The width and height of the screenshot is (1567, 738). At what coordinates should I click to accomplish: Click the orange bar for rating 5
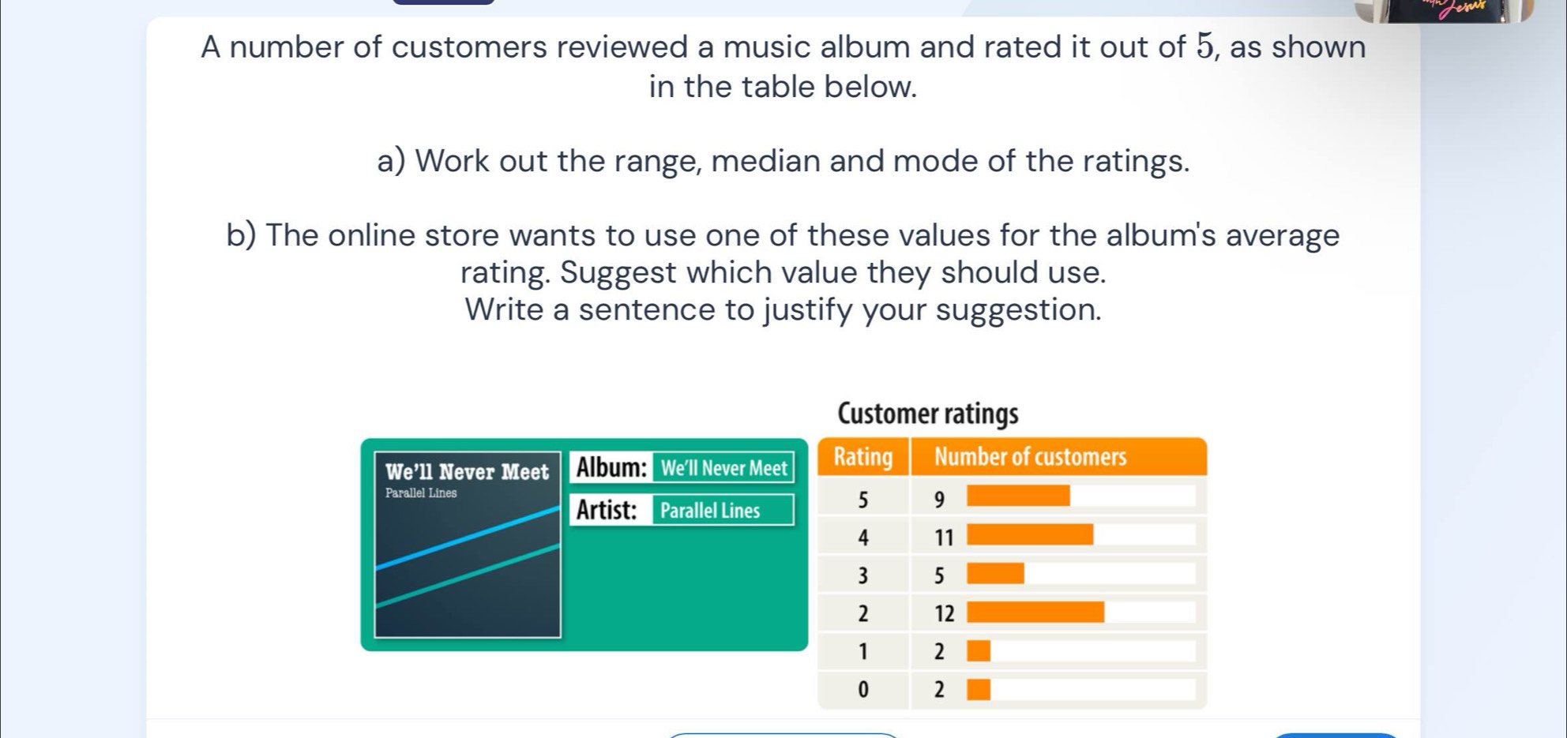pyautogui.click(x=1018, y=496)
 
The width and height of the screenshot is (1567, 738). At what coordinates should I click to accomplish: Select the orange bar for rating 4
pyautogui.click(x=1030, y=534)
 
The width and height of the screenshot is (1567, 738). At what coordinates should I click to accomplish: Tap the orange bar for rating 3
pyautogui.click(x=995, y=573)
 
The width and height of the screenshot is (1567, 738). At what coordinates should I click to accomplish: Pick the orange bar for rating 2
pyautogui.click(x=1035, y=612)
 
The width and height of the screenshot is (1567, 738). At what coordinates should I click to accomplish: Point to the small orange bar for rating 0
pyautogui.click(x=979, y=690)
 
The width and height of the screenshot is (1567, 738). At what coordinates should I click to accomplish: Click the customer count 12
pyautogui.click(x=944, y=614)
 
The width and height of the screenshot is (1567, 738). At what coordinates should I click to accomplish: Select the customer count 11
pyautogui.click(x=944, y=538)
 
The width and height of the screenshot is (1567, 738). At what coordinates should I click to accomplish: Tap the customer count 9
pyautogui.click(x=939, y=500)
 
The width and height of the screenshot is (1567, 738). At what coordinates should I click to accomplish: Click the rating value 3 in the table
pyautogui.click(x=862, y=576)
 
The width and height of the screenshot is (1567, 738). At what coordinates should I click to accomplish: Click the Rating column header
pyautogui.click(x=863, y=457)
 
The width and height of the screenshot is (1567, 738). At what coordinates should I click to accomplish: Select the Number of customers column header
pyautogui.click(x=1030, y=457)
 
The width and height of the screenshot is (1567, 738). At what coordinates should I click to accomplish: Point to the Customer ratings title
pyautogui.click(x=927, y=414)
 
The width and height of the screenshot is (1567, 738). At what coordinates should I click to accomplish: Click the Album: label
pyautogui.click(x=611, y=467)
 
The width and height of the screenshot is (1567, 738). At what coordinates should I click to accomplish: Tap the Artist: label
pyautogui.click(x=607, y=510)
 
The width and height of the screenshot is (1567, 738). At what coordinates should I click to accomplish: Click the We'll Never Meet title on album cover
pyautogui.click(x=467, y=472)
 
